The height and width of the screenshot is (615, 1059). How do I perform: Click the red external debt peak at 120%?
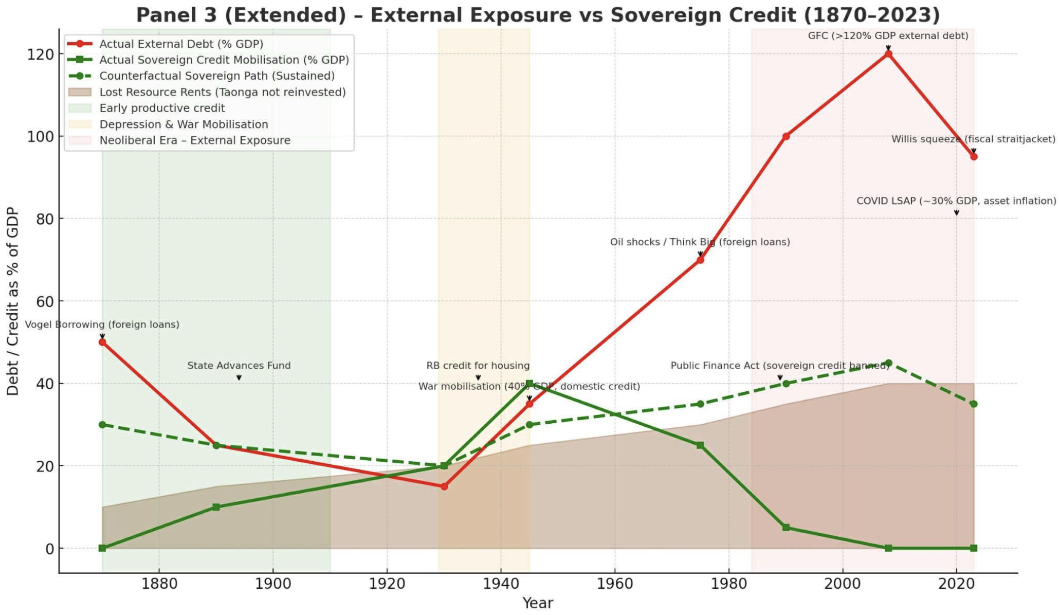(888, 54)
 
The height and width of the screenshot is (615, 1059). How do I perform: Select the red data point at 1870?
(102, 342)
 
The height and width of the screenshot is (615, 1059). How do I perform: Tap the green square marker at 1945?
(529, 384)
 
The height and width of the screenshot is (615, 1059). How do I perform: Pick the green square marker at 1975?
(700, 445)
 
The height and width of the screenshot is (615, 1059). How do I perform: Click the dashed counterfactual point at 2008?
(888, 363)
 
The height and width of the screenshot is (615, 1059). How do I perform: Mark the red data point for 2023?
(974, 157)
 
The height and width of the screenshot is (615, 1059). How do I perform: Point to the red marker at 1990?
(786, 136)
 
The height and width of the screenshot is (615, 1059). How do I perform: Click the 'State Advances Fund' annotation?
(239, 366)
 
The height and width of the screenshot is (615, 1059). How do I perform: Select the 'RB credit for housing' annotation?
(478, 366)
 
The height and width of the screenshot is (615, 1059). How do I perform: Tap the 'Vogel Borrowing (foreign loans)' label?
(102, 324)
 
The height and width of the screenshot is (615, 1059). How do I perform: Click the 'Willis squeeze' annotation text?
(973, 139)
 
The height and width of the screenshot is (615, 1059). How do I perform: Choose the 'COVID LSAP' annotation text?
(956, 201)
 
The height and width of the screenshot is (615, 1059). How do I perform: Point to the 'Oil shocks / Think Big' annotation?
(700, 242)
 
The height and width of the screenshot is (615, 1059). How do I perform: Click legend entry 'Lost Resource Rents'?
(222, 92)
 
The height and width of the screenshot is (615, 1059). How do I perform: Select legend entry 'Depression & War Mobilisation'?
(184, 124)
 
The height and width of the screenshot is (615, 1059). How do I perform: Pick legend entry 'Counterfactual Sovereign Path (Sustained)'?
(217, 76)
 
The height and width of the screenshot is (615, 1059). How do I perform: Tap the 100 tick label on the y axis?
(41, 137)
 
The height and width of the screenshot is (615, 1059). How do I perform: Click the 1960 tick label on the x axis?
(614, 584)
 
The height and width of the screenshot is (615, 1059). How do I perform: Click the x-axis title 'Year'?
(538, 603)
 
